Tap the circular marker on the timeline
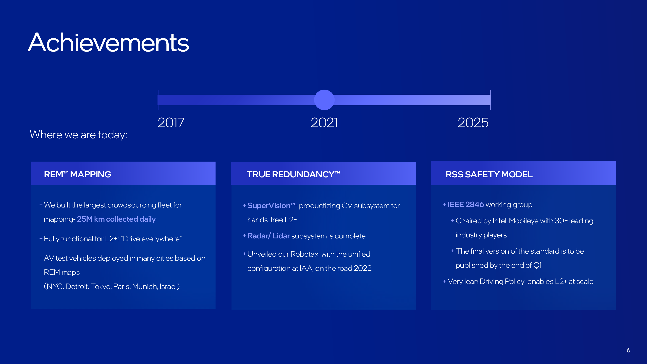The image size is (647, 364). tap(324, 100)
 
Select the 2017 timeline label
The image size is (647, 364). tap(171, 123)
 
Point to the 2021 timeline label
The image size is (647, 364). tap(324, 123)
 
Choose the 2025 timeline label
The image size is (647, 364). tap(473, 123)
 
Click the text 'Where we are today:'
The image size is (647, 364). tap(78, 135)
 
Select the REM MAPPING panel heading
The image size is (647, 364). tap(77, 174)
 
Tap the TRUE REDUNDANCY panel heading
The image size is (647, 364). tap(293, 174)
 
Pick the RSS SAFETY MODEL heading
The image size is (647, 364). tap(489, 174)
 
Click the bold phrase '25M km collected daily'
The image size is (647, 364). tap(116, 219)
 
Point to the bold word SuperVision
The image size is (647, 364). tap(269, 205)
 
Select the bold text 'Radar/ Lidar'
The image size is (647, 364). tap(269, 236)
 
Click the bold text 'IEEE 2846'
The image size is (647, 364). tap(466, 204)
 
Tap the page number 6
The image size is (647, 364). tap(628, 350)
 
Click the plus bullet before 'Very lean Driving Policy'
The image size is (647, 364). tap(444, 281)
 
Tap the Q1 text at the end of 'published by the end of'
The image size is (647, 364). tap(537, 265)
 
